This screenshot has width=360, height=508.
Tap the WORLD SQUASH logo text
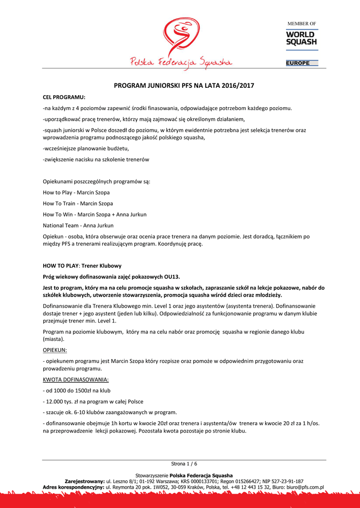[301, 38]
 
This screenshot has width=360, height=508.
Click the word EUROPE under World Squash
[298, 63]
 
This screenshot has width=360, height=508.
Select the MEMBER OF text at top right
[302, 24]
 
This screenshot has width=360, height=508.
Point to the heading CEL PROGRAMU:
[64, 97]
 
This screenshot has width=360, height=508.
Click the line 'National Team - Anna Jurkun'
[78, 225]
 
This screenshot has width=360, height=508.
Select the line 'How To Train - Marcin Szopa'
[78, 203]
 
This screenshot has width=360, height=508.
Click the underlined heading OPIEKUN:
[55, 350]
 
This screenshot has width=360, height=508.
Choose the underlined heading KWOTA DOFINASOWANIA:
[76, 380]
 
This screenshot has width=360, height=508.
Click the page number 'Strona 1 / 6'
[184, 464]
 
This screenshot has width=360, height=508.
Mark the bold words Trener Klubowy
[101, 265]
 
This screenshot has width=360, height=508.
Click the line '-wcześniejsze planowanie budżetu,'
[86, 148]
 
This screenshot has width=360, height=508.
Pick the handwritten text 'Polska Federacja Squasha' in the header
[181, 62]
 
